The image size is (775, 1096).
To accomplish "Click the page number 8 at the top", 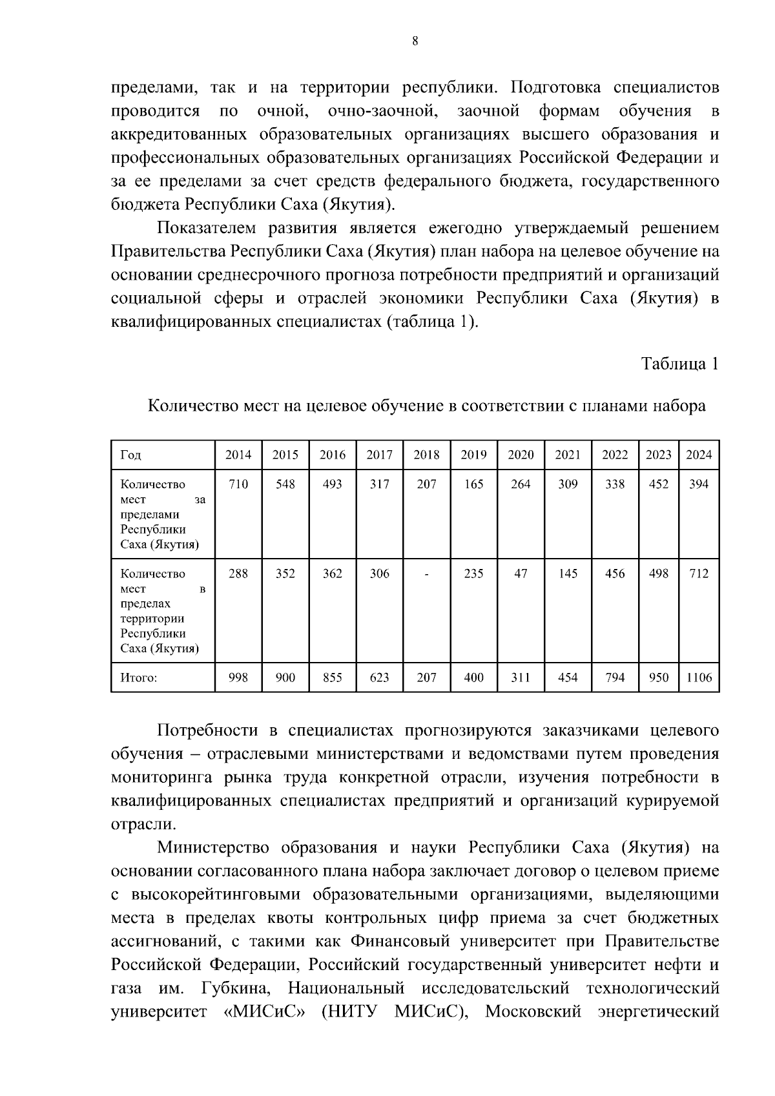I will [415, 41].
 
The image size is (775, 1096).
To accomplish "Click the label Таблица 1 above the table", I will [679, 364].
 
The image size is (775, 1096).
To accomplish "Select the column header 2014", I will [238, 455].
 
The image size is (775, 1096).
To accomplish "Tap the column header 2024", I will [698, 455].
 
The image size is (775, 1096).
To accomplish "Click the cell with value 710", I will [238, 484].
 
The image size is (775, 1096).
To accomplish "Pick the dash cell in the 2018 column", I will [426, 574].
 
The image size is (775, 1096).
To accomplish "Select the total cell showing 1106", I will [698, 677].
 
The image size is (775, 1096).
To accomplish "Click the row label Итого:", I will [139, 677].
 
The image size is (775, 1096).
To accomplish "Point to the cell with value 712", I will [698, 574].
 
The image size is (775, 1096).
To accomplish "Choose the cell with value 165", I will [473, 484].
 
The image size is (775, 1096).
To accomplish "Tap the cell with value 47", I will [521, 574].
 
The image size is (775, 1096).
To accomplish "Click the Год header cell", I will [130, 455].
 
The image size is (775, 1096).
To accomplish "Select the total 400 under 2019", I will [473, 677].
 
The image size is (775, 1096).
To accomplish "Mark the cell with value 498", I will [658, 574].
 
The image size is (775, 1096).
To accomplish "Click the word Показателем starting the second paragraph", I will [207, 228].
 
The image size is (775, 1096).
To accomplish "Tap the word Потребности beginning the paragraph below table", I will [207, 730].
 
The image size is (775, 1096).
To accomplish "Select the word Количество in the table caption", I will [192, 406].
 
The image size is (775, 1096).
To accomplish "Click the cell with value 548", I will [285, 484].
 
